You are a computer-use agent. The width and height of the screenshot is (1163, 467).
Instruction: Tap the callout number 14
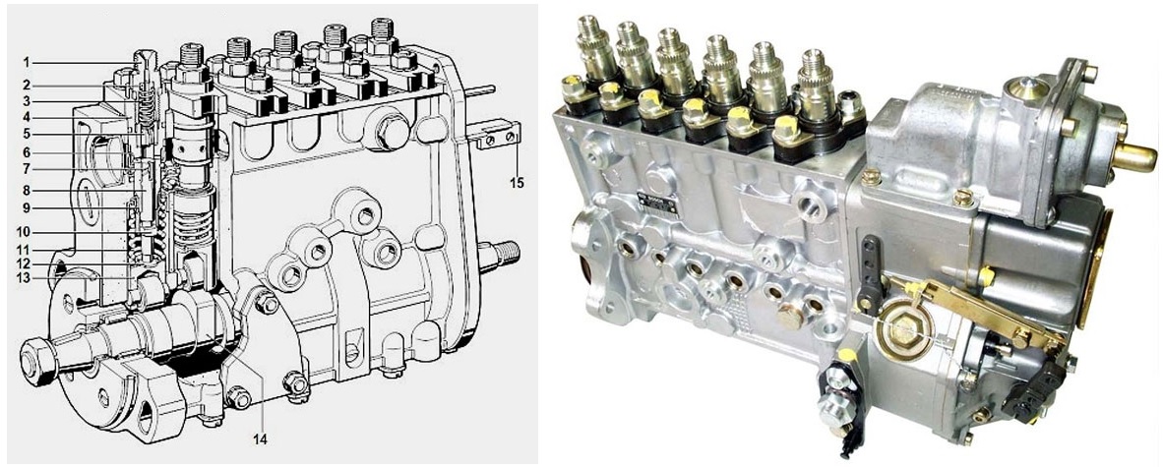pos(259,438)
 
